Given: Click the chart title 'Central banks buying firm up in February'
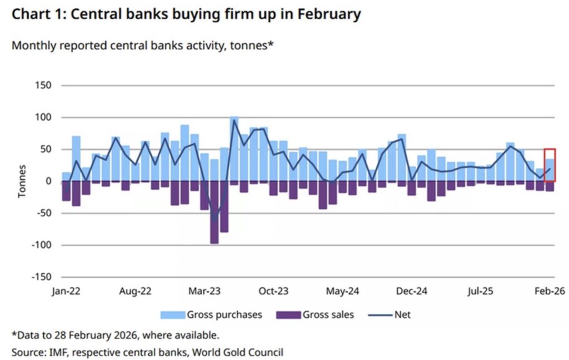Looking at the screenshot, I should pos(186,14).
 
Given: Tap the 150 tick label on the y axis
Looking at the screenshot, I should pos(43,86).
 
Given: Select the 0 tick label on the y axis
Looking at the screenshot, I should pos(48,181).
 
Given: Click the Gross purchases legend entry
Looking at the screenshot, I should pos(211,315).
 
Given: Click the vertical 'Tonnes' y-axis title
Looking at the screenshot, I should pos(23,181).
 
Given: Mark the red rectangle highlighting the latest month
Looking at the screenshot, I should pos(550,164).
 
